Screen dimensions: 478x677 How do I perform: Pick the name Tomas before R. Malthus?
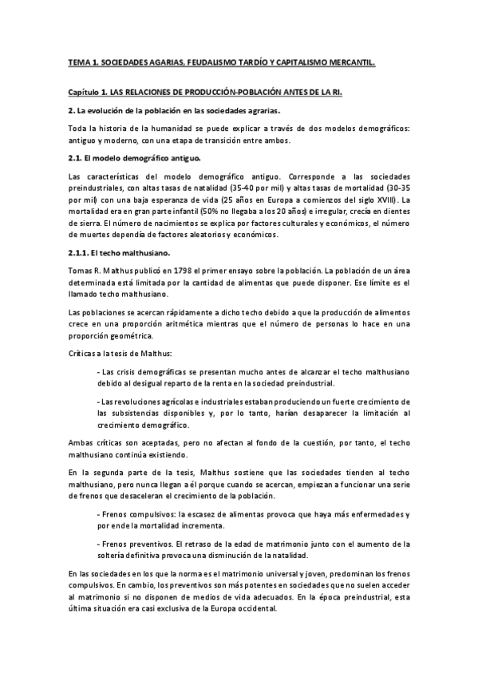click(x=79, y=270)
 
